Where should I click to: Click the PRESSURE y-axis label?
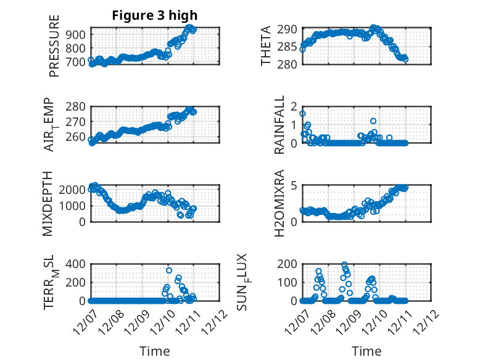point(54,49)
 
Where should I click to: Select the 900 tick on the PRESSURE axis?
point(79,34)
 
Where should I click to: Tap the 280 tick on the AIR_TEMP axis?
point(79,107)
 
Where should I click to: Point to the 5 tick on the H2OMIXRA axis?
point(294,185)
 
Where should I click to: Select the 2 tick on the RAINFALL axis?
point(294,106)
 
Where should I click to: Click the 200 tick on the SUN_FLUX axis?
point(290,264)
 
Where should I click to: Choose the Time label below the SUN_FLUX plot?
point(366,351)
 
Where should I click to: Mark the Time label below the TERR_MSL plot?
point(155,351)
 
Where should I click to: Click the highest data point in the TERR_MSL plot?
point(169,270)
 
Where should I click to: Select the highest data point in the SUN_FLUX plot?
point(344,265)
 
